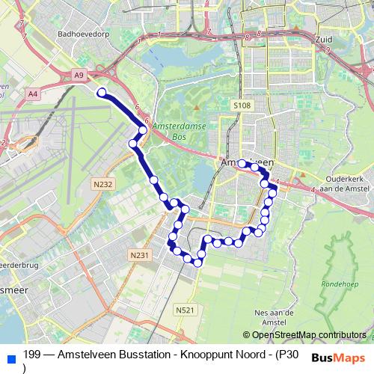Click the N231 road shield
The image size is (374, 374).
point(139,255)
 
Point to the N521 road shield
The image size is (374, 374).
point(186,310)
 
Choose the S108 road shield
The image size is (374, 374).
point(241,106)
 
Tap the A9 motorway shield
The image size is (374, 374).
point(80,75)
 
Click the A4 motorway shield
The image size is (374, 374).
point(32,93)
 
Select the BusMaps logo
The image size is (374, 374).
point(338,358)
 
